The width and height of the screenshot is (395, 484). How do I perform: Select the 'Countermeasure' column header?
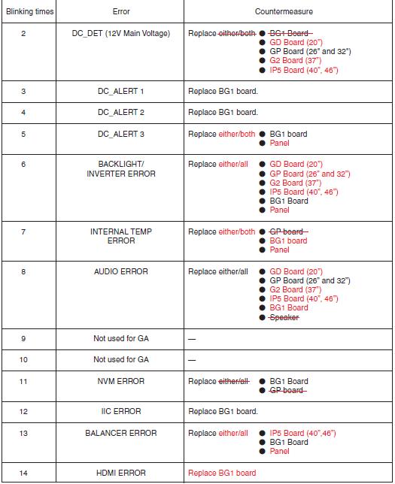[284, 12]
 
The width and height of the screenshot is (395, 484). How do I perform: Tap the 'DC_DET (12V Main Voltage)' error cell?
[121, 34]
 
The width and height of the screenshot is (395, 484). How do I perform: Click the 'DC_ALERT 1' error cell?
[121, 91]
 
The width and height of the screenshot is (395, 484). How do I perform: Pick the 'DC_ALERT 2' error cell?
[121, 113]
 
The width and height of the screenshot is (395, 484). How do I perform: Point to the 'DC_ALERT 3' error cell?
[121, 135]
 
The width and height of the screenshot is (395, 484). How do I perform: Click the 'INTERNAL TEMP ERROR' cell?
[121, 236]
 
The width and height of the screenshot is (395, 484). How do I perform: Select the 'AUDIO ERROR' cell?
[121, 271]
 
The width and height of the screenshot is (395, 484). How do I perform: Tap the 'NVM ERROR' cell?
[121, 381]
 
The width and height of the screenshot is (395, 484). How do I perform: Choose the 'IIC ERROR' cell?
[121, 411]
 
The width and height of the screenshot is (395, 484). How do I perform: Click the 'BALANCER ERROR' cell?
[121, 433]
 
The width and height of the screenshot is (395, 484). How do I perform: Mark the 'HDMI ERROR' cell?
[121, 473]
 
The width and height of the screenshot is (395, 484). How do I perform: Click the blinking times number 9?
[23, 338]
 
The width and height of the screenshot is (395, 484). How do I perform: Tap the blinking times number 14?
[23, 473]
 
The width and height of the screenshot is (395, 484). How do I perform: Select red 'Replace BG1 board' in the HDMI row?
[222, 473]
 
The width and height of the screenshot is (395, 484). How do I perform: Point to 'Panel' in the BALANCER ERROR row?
[279, 452]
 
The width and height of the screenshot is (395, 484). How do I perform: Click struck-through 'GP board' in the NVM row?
[287, 390]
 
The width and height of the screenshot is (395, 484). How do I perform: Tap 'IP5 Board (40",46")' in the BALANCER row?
[302, 434]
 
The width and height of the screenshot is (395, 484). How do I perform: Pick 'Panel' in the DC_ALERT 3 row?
[279, 144]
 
